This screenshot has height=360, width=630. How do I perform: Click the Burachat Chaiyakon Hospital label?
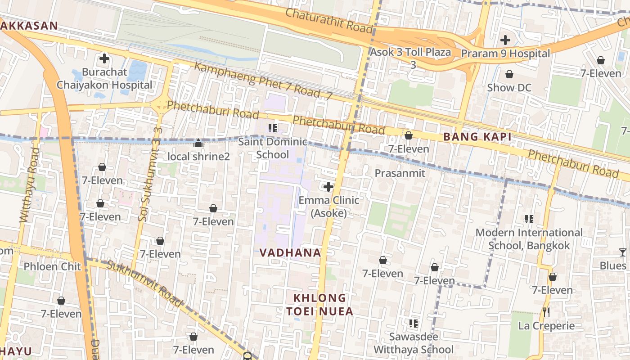[104, 79]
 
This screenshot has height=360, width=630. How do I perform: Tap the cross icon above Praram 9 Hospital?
[505, 40]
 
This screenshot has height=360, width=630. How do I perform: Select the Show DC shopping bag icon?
[509, 74]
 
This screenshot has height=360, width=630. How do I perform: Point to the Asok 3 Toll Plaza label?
[410, 52]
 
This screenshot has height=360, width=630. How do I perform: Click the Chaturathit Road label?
[329, 20]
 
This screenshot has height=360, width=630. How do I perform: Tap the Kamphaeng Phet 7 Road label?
[263, 81]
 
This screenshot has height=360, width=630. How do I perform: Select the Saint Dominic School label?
[272, 148]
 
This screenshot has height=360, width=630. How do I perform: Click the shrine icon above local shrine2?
[198, 144]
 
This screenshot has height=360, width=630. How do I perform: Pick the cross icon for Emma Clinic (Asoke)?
[328, 186]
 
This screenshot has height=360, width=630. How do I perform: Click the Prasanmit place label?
[400, 173]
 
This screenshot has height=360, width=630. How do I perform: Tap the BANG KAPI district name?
[477, 137]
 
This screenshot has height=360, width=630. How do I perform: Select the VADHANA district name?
[290, 253]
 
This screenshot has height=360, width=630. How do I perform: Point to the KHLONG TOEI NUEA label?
[319, 305]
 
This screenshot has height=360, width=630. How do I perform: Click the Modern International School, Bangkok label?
[529, 239]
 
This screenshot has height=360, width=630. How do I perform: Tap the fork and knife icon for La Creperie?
[546, 312]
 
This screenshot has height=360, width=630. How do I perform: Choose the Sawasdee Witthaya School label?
[414, 343]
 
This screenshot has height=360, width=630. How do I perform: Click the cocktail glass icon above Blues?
[622, 252]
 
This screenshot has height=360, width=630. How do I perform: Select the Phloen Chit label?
[52, 266]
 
